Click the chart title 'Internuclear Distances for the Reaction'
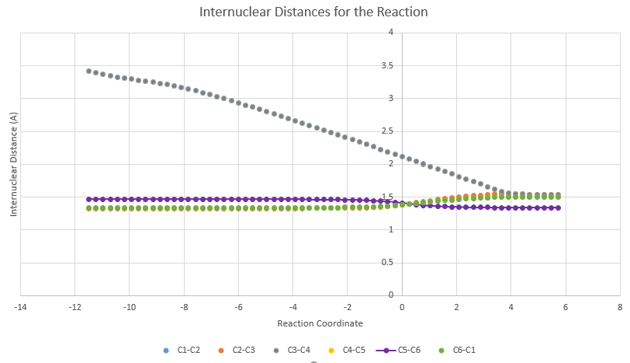[313, 12]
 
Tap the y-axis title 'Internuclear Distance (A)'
[14, 164]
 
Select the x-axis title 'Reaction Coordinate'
[320, 323]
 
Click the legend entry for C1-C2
[183, 350]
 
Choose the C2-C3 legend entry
[239, 350]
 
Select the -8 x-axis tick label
[184, 307]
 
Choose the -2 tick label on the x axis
[348, 307]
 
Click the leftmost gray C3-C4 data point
[88, 71]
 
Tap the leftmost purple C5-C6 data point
[88, 199]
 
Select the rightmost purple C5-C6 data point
[559, 208]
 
